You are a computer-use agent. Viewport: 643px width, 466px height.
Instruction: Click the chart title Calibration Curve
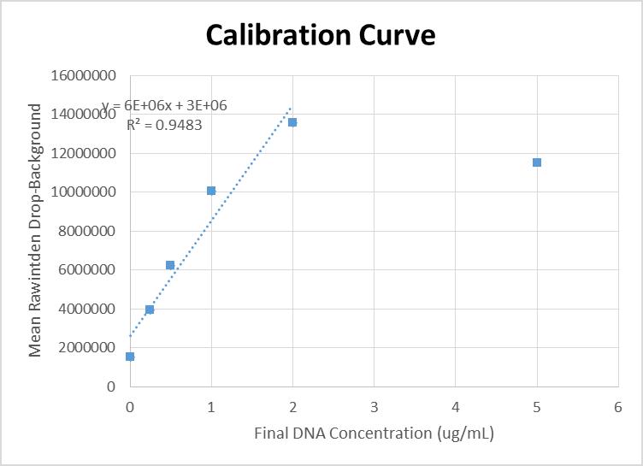[x=321, y=35]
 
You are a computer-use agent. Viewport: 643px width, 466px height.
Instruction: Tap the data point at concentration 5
[x=537, y=162]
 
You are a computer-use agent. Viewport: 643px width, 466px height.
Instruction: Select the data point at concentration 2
[x=292, y=122]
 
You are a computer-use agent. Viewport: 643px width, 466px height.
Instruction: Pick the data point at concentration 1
[x=211, y=191]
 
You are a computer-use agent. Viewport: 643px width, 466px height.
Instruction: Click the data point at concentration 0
[x=130, y=357]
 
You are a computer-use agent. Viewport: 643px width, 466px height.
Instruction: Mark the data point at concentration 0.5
[x=170, y=265]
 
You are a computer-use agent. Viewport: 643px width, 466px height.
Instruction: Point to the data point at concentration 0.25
[x=150, y=310]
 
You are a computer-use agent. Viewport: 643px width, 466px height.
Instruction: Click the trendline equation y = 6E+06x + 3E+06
[x=165, y=106]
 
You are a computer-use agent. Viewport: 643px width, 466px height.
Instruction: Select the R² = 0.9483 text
[x=164, y=125]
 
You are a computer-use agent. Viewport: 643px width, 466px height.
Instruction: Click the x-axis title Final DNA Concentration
[x=374, y=433]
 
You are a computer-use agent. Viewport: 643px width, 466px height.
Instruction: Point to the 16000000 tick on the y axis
[x=84, y=75]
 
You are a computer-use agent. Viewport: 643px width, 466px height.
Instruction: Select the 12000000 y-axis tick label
[x=84, y=153]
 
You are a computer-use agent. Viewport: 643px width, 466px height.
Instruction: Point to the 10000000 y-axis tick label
[x=84, y=192]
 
